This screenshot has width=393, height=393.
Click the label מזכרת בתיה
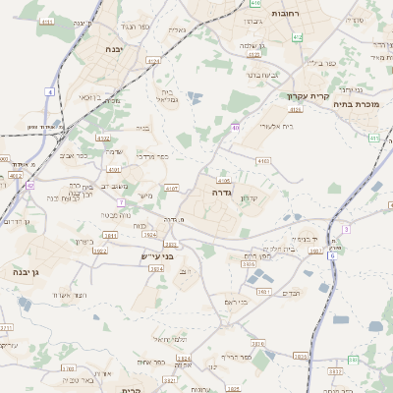coord(357,102)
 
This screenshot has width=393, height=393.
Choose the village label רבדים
coord(292,293)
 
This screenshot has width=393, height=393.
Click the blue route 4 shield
coord(49,91)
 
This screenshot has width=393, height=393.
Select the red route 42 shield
coord(30,184)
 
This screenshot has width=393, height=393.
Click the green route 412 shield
coord(298,36)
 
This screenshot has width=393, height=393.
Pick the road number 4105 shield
coord(224,181)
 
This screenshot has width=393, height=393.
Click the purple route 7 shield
coord(121,201)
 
